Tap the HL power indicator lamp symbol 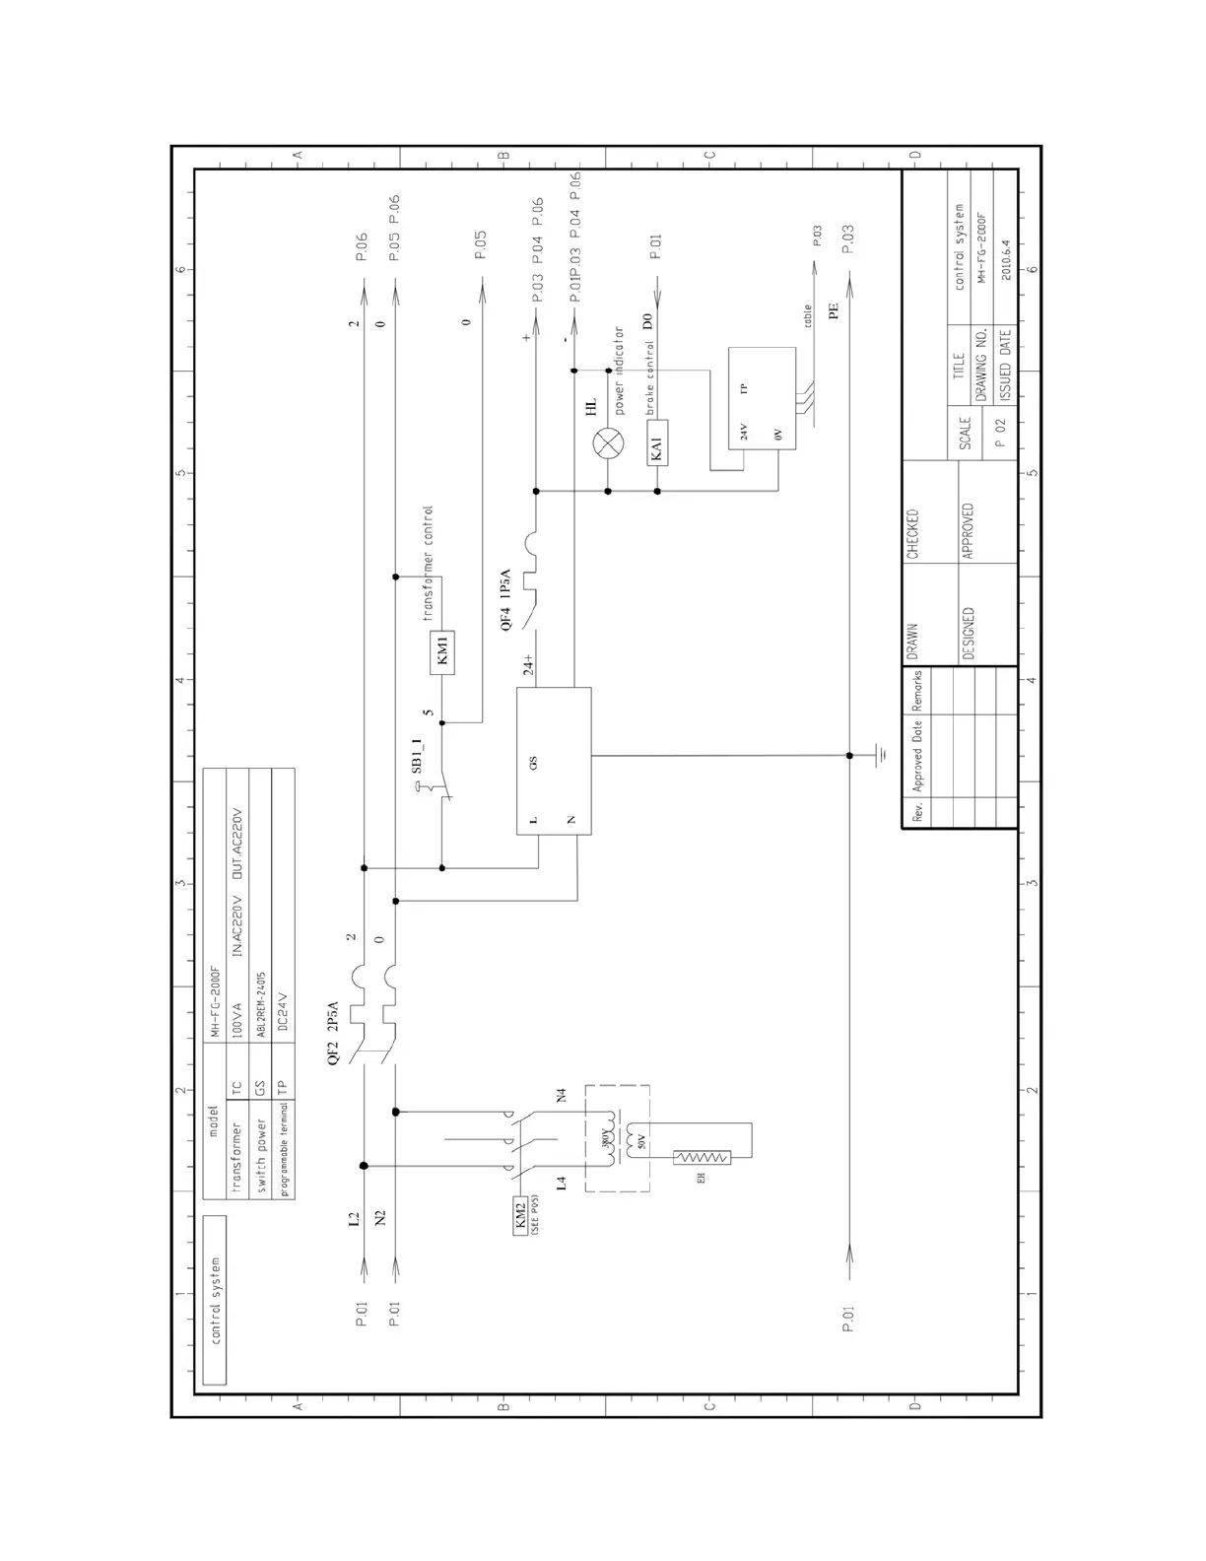click(x=607, y=443)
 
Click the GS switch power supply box click(x=554, y=762)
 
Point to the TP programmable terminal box click(x=762, y=398)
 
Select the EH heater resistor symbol click(x=701, y=1159)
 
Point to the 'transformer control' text click(x=428, y=564)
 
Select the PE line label click(x=834, y=311)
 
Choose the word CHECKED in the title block click(x=912, y=534)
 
